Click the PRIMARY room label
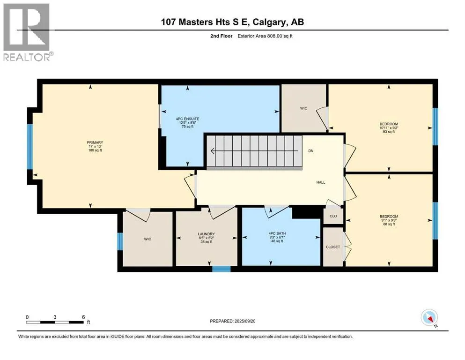coord(95,142)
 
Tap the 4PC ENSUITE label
coord(187,119)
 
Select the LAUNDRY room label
coord(207,234)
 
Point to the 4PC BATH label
coord(277,233)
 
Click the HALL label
coord(321,182)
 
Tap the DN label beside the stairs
coord(311,151)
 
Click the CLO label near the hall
coord(333,216)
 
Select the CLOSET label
coord(333,247)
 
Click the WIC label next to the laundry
coord(148,239)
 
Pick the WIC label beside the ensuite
coord(303,108)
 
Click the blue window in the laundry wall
coord(221,269)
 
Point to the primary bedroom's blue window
coord(30,147)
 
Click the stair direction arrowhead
coord(213,151)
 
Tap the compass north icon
coord(429,317)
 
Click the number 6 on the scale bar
coord(83,317)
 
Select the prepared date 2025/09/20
coord(245,321)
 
